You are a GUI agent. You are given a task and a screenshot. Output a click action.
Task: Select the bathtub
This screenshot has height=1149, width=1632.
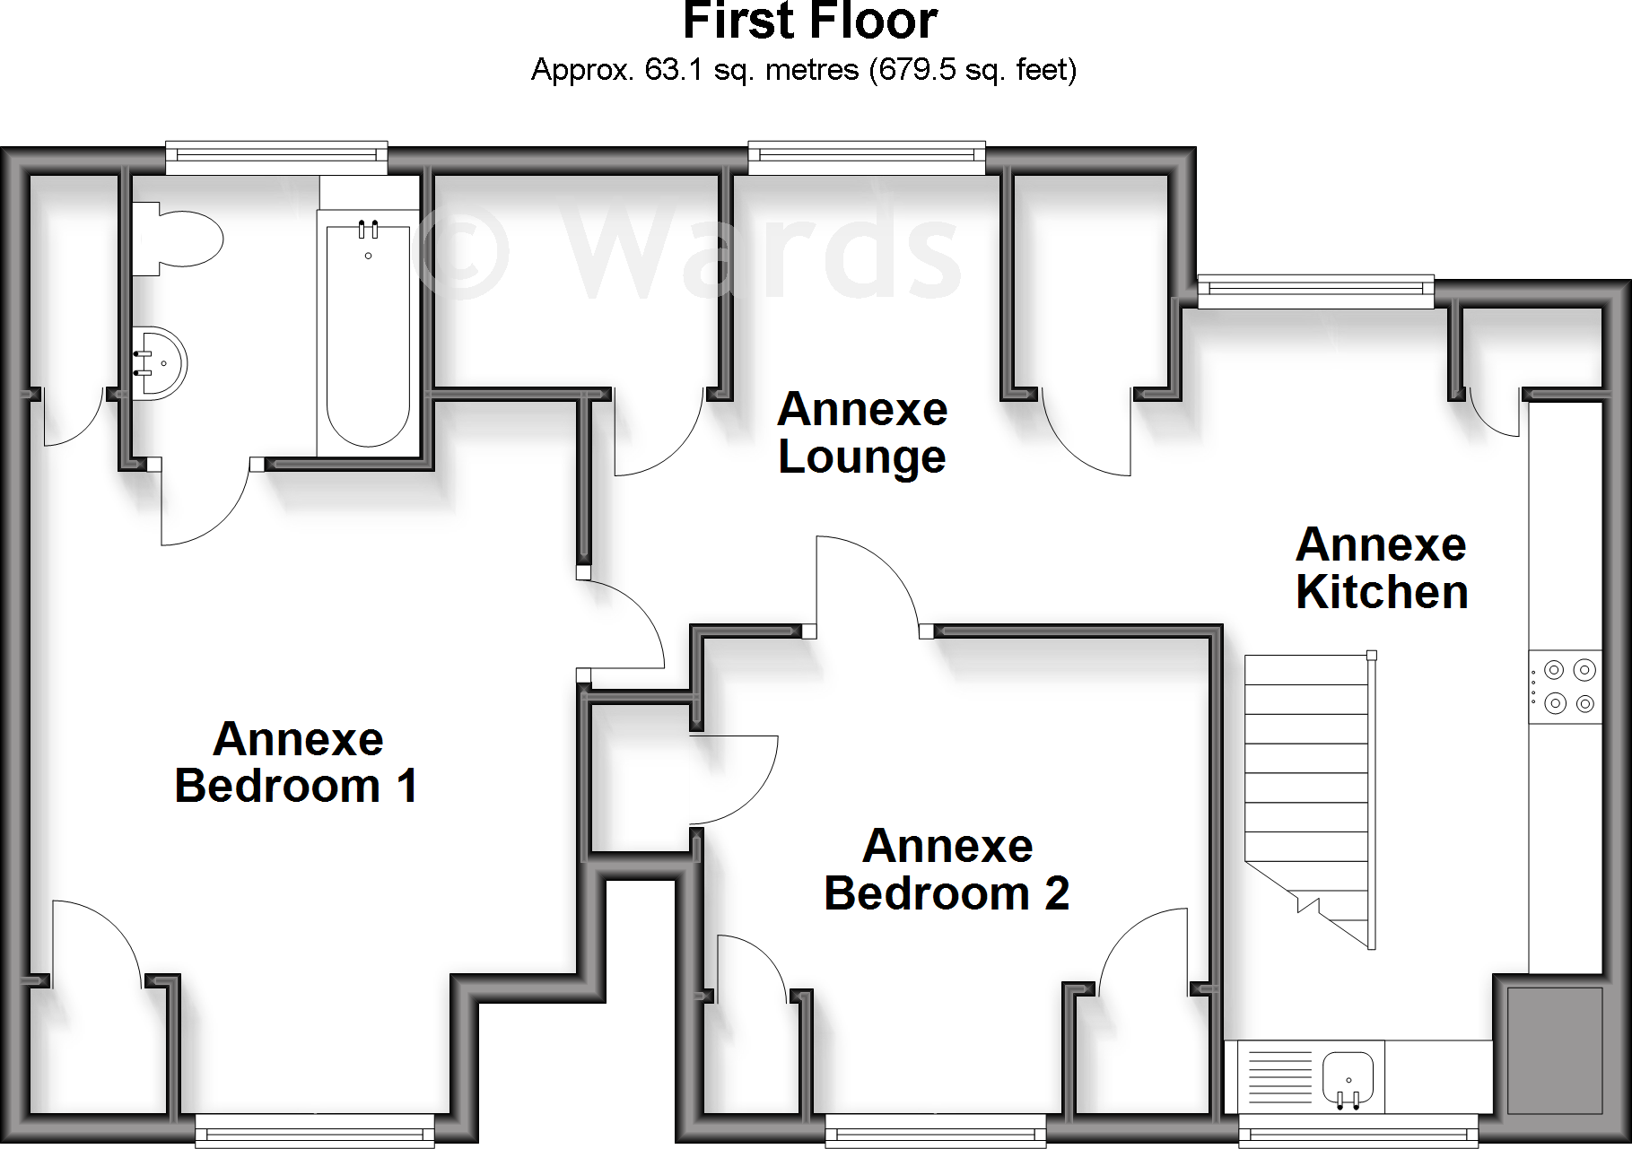pyautogui.click(x=368, y=335)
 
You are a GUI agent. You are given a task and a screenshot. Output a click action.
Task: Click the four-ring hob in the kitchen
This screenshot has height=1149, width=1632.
pyautogui.click(x=1565, y=687)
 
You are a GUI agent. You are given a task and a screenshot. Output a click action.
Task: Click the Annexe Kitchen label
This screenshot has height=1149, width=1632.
pyautogui.click(x=1382, y=569)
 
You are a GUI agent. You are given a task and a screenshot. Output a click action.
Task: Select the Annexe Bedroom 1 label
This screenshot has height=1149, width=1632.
pyautogui.click(x=296, y=762)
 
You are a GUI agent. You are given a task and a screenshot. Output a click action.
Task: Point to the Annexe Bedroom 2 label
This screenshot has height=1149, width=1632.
pyautogui.click(x=947, y=869)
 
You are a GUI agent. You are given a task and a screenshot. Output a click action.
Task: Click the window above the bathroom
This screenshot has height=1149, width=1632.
pyautogui.click(x=276, y=159)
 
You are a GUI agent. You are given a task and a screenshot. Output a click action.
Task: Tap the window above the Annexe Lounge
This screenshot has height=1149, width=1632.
pyautogui.click(x=867, y=159)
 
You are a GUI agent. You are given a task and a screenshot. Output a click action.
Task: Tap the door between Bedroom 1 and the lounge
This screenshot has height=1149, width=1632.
pyautogui.click(x=624, y=623)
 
